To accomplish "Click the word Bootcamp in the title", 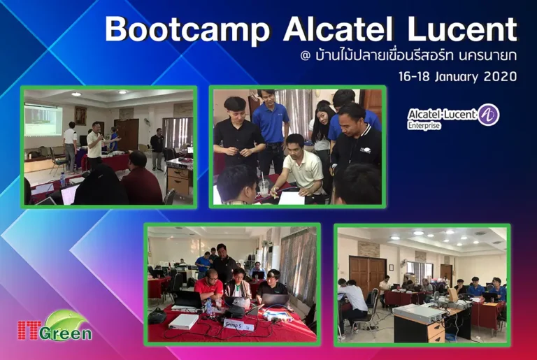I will [x=187, y=30].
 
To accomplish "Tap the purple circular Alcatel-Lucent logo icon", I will [x=489, y=115].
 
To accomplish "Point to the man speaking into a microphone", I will [x=94, y=143].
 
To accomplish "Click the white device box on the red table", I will [x=184, y=321].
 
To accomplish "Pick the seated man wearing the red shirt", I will [x=209, y=286].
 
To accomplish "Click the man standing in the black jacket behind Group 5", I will [x=223, y=263].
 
